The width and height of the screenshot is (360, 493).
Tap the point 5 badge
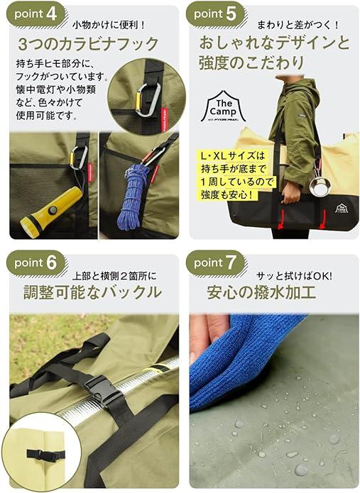click(216, 14)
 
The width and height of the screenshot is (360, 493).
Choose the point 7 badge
click(216, 263)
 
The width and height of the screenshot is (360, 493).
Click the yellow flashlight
click(50, 210)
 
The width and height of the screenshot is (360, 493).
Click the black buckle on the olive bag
click(101, 390)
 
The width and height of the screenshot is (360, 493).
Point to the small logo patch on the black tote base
click(341, 209)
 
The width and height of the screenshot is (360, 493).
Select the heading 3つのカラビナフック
click(88, 44)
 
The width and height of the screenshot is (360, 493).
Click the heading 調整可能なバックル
click(92, 292)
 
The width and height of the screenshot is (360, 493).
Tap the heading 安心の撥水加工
click(261, 292)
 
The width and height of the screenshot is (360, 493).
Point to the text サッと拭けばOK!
click(294, 277)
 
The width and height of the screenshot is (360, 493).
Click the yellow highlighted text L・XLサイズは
click(232, 155)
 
